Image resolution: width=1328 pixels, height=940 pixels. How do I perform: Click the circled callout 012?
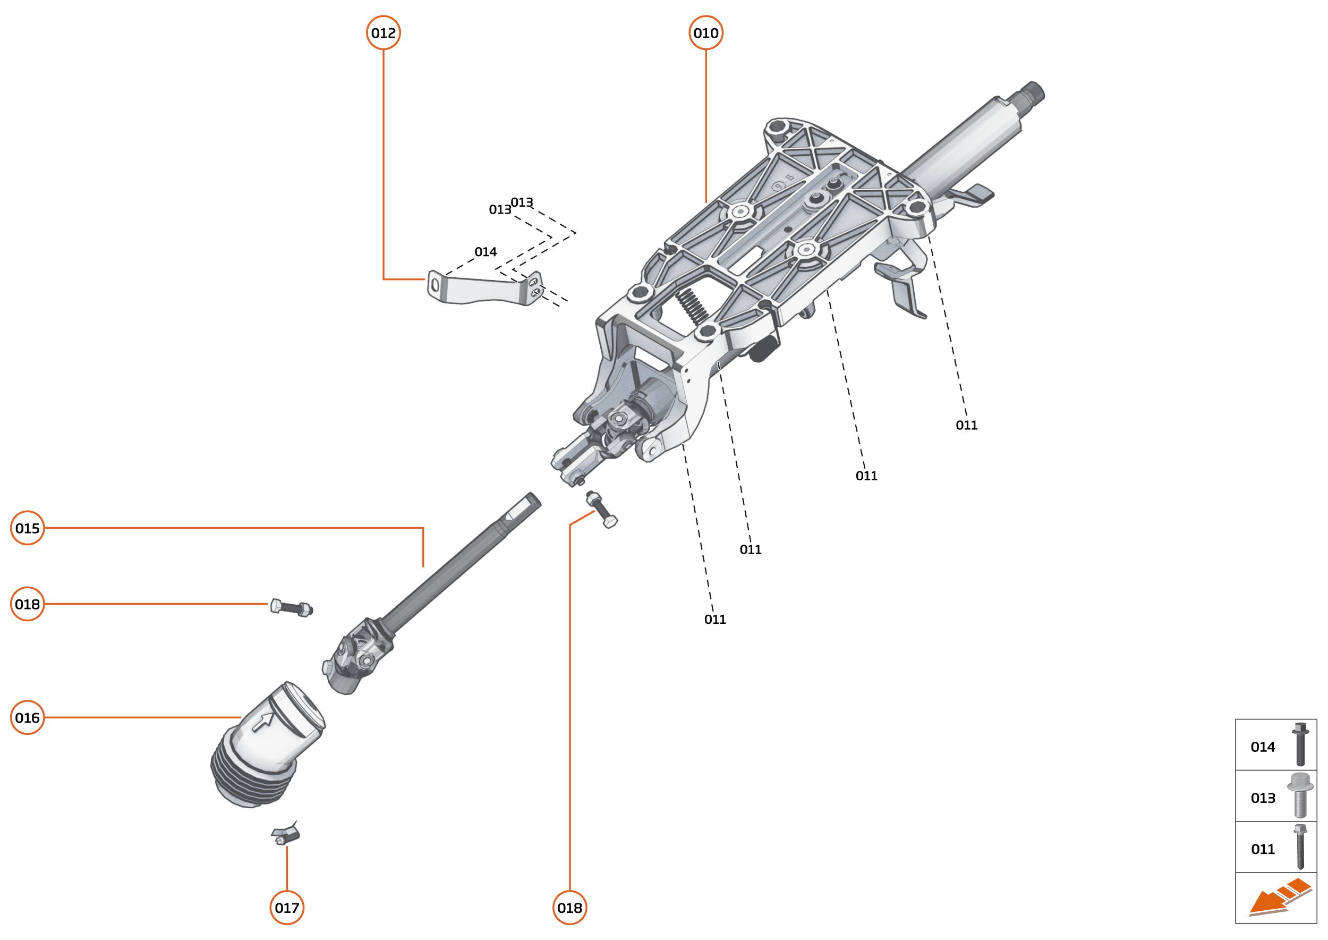[383, 33]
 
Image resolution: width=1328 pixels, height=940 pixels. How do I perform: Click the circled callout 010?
[705, 33]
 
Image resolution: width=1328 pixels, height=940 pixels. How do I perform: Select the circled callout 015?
[27, 528]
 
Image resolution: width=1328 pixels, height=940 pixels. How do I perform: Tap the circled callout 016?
[27, 717]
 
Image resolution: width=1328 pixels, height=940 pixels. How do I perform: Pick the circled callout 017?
[286, 908]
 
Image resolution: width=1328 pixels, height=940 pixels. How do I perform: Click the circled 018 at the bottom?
[569, 908]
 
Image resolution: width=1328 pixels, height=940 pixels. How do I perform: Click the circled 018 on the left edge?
[27, 604]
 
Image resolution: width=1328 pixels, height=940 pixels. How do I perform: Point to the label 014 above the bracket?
[485, 252]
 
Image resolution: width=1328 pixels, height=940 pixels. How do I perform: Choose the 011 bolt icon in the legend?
[1300, 846]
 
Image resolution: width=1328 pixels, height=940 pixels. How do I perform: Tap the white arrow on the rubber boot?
[263, 721]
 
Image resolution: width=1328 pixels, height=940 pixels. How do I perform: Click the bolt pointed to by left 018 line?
[292, 608]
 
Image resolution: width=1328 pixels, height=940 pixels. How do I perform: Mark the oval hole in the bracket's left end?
[435, 285]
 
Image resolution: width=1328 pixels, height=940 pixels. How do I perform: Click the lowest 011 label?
[714, 620]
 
